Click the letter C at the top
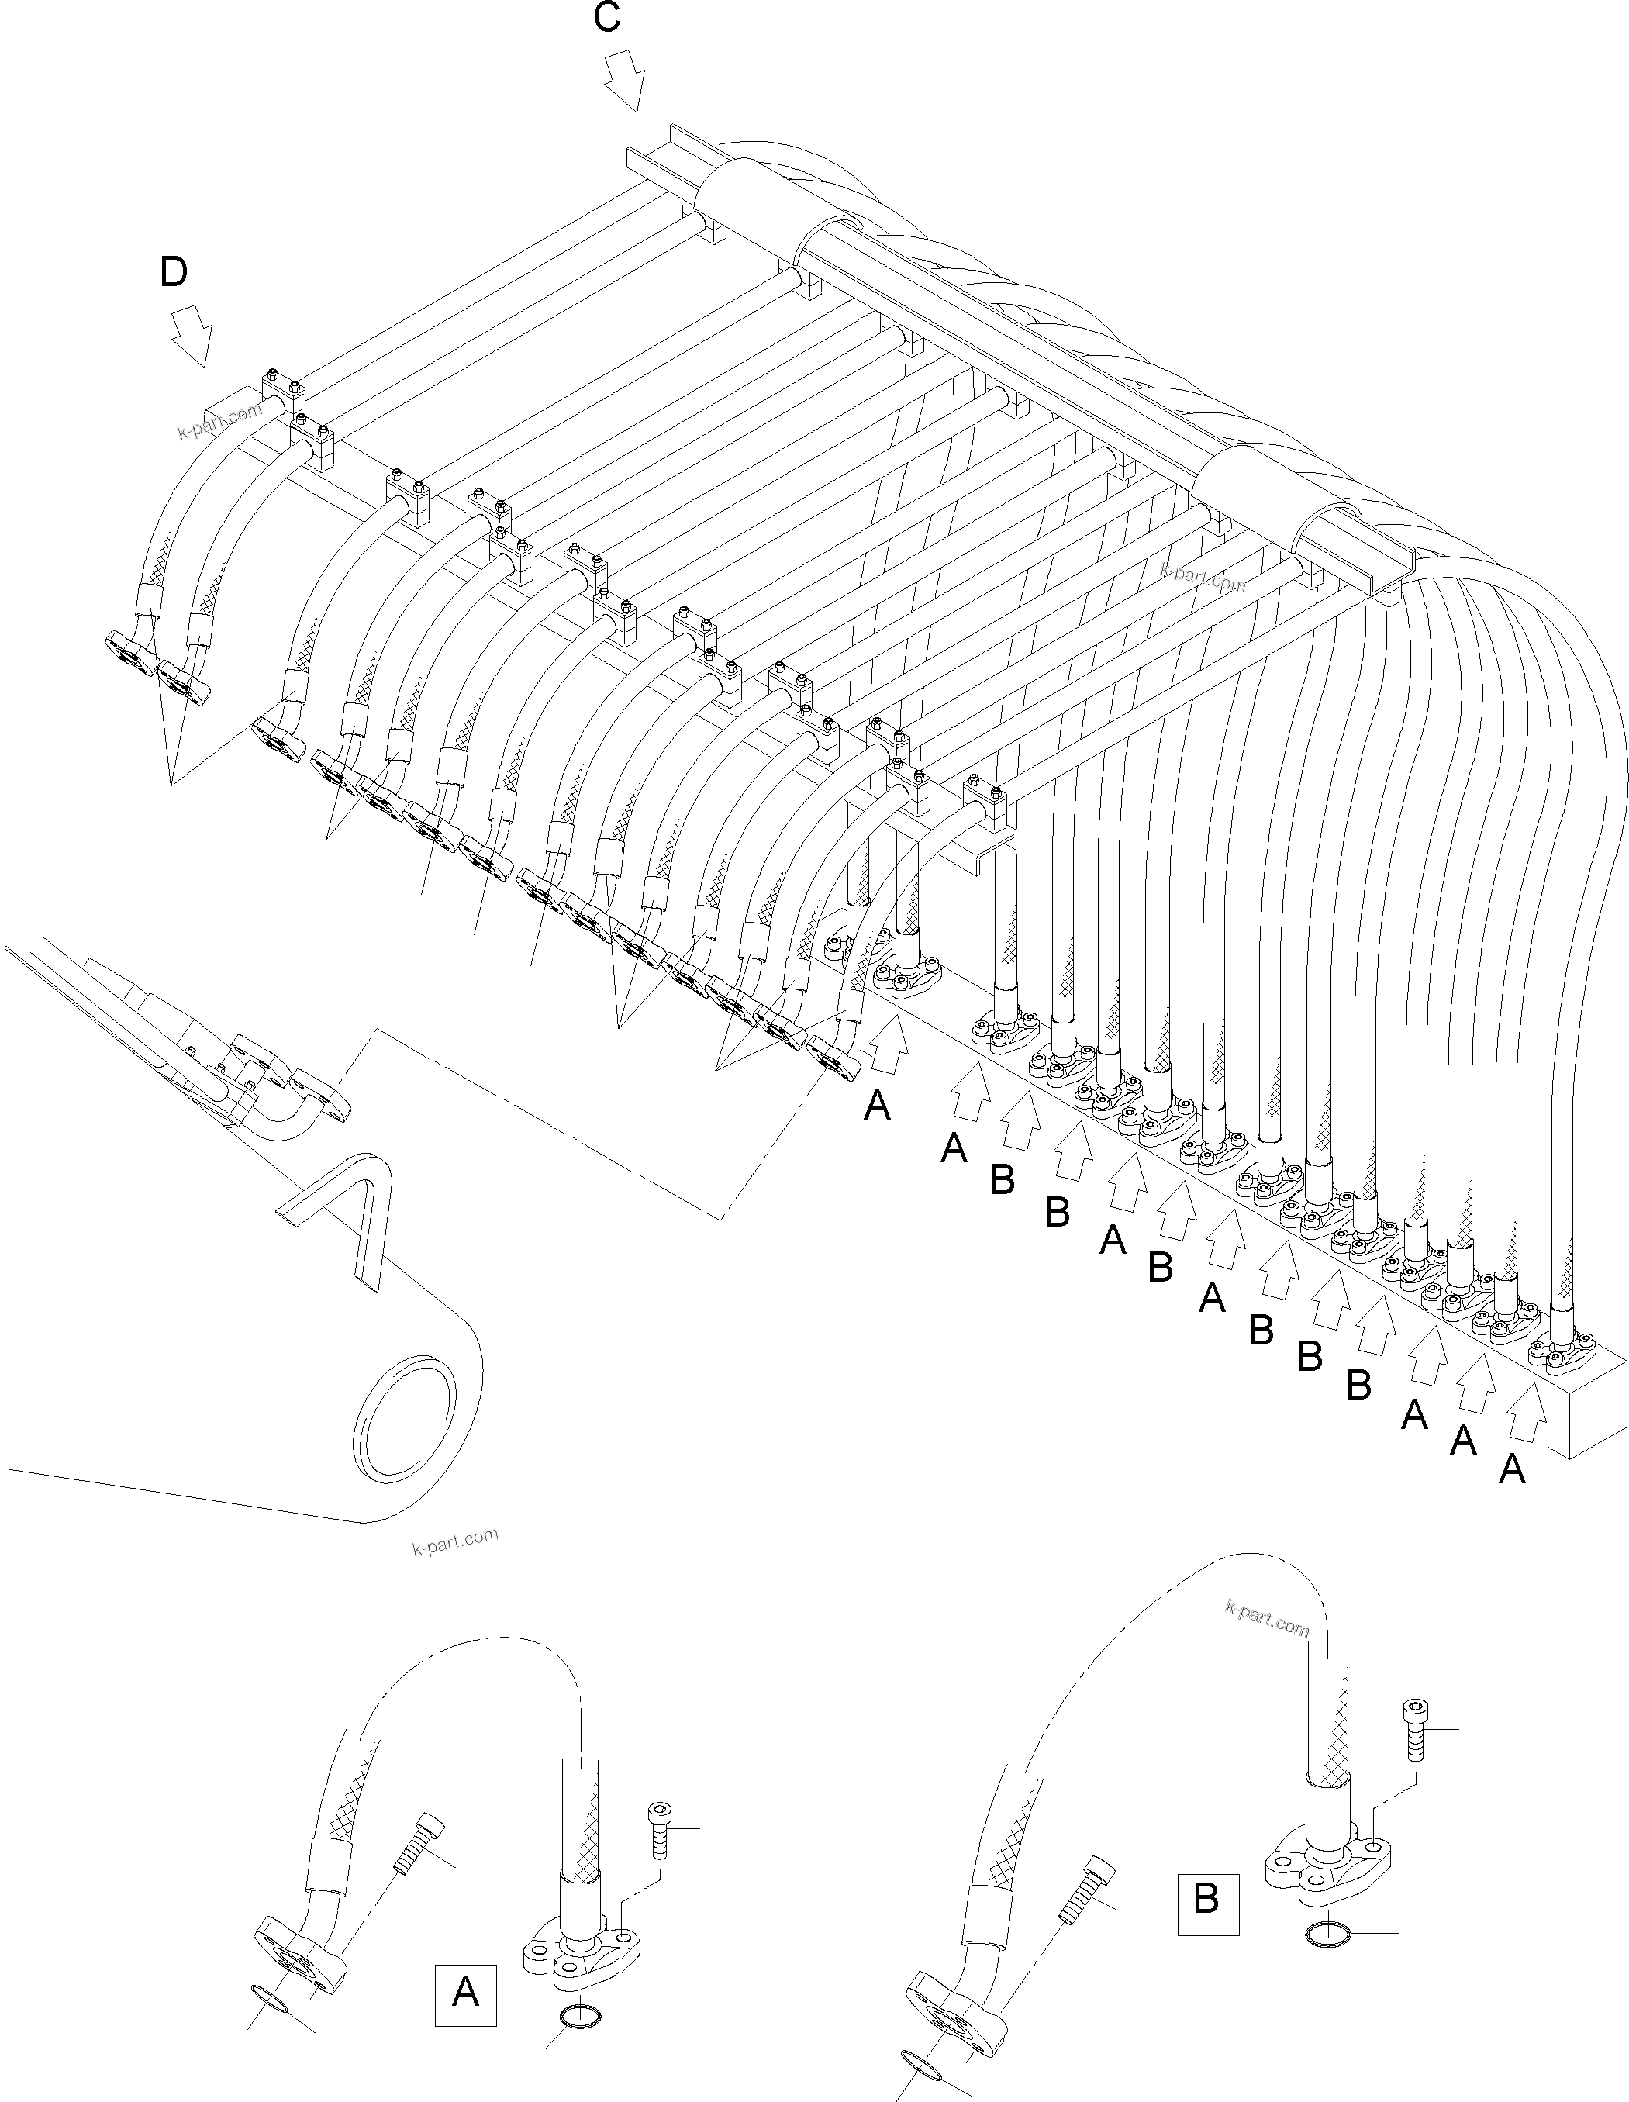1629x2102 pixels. click(607, 19)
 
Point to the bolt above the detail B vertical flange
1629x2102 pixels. click(1415, 1728)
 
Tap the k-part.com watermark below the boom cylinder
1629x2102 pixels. click(454, 1541)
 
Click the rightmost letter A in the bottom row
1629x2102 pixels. click(1512, 1469)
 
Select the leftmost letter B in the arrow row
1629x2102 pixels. click(1002, 1180)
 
